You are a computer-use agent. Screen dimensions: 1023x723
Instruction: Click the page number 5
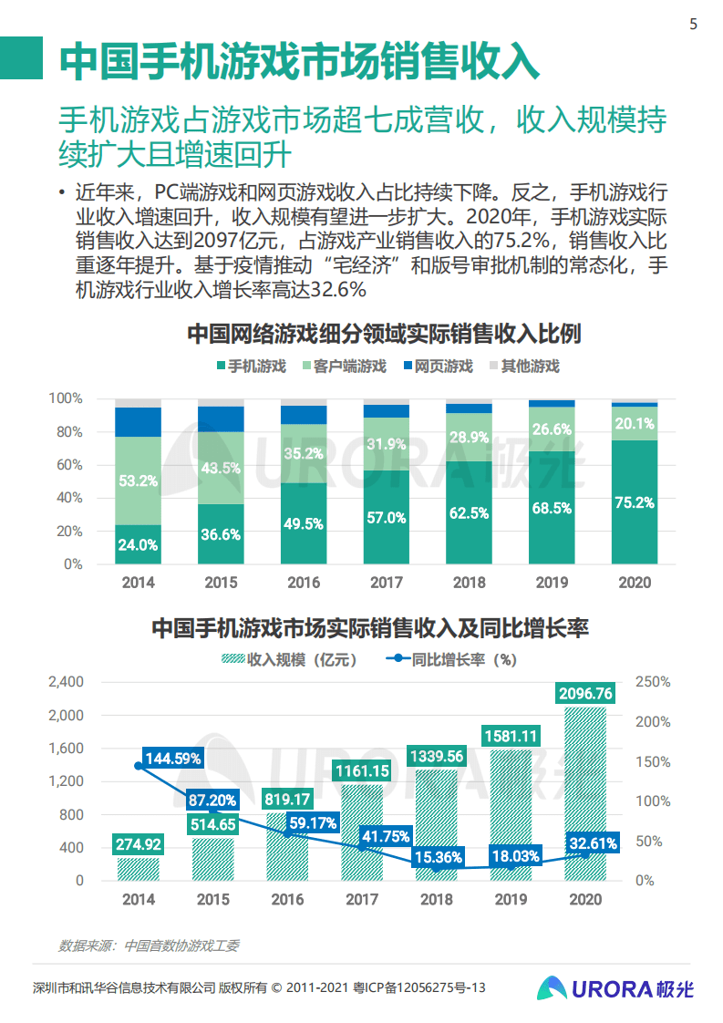coord(693,25)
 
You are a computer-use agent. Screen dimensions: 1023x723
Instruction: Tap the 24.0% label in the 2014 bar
coord(138,545)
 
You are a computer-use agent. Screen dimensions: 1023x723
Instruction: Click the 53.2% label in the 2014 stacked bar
coord(138,480)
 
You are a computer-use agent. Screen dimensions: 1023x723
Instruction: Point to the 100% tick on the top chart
coord(65,399)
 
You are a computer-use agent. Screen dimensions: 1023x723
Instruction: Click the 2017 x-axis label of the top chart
coord(387,583)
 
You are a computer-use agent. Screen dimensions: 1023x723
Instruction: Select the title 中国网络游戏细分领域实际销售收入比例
coord(383,333)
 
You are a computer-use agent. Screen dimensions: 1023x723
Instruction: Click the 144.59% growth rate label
coord(173,758)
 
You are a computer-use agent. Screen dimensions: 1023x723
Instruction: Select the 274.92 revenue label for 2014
coord(138,844)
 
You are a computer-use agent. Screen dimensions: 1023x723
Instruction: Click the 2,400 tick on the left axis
coord(65,682)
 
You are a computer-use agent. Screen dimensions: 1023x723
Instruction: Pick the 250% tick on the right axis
coord(653,682)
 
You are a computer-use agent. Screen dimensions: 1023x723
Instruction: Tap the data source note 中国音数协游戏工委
coord(149,945)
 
